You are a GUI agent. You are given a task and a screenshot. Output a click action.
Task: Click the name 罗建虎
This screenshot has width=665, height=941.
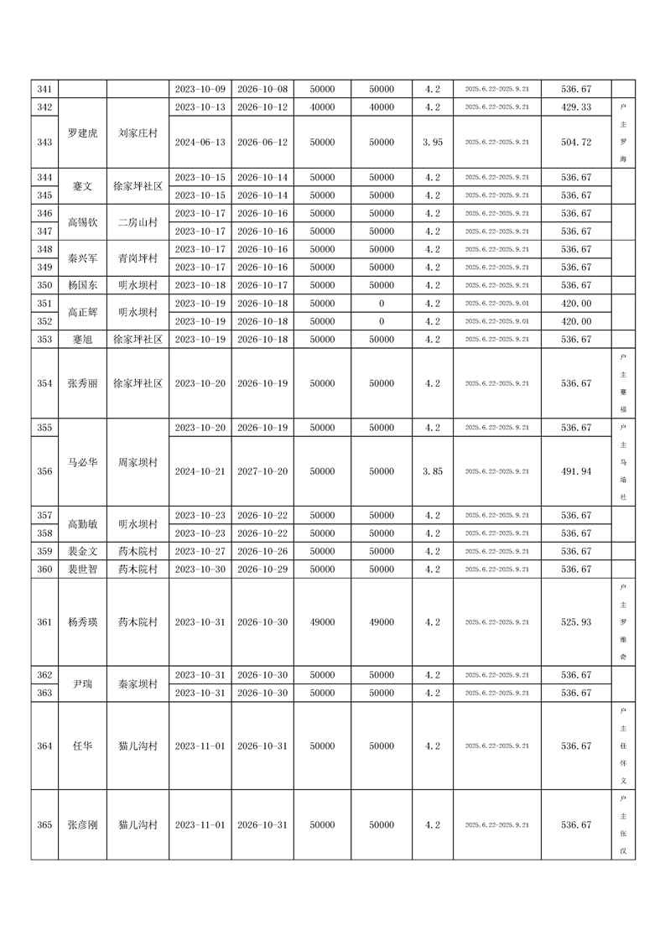pos(82,133)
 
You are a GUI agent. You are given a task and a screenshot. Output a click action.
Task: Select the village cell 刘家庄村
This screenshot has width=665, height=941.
pos(138,133)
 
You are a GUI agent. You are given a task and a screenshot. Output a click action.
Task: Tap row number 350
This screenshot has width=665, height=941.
pos(45,285)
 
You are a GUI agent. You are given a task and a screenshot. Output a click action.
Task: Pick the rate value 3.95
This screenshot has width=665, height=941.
pos(433,143)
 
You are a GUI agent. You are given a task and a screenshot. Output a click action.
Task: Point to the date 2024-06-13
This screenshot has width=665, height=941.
pos(200,143)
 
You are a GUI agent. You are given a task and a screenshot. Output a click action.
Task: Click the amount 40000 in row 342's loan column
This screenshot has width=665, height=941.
pos(322,107)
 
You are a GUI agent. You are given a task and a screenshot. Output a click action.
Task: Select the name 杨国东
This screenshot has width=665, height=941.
pos(82,285)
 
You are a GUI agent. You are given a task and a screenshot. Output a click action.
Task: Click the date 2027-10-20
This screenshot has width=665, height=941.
pos(262,471)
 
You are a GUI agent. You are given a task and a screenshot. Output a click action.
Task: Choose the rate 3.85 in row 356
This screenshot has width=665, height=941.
pos(433,471)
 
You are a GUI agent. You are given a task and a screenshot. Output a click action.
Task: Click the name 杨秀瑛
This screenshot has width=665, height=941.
pos(82,622)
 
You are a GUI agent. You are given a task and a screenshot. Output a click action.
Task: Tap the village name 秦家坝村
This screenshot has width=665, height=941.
pos(138,684)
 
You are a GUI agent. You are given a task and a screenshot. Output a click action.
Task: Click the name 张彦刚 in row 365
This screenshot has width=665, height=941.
pos(82,825)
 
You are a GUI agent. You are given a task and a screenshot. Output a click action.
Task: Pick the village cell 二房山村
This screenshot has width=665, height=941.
pos(138,222)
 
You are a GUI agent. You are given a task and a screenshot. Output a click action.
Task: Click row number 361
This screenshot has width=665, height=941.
pos(45,622)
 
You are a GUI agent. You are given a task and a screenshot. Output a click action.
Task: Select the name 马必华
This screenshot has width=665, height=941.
pos(82,462)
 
